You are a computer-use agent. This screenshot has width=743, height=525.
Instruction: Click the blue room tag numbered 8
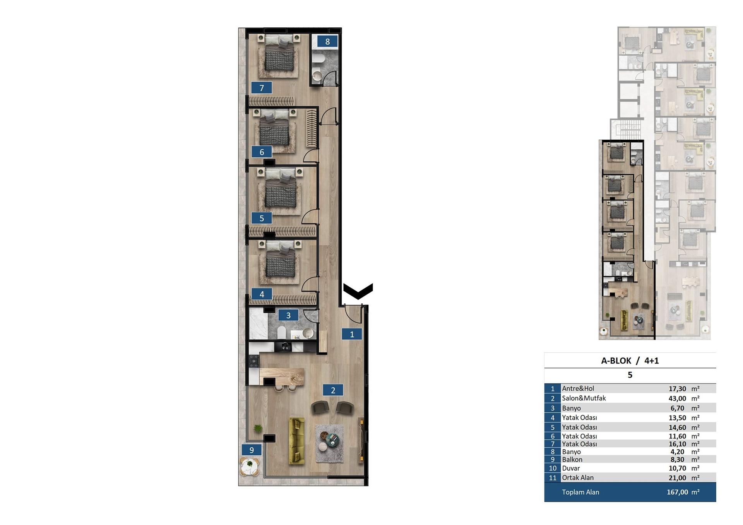[327, 41]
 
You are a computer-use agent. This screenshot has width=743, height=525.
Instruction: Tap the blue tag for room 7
[262, 88]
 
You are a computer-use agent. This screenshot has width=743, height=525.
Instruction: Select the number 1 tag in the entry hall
[352, 334]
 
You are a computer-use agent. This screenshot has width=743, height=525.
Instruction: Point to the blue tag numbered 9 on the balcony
[252, 450]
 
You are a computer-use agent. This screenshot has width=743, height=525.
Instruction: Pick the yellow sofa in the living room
[297, 441]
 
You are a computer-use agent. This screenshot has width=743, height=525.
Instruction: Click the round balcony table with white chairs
[250, 466]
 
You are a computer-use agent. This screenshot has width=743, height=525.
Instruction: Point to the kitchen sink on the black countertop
[286, 347]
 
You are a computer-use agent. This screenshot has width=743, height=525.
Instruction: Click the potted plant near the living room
[258, 428]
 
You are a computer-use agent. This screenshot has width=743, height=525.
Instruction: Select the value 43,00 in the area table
[677, 398]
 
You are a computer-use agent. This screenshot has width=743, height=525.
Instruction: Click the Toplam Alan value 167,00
[677, 492]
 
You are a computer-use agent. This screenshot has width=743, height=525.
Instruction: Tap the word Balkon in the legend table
[572, 460]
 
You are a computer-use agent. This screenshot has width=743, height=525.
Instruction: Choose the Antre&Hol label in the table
[578, 388]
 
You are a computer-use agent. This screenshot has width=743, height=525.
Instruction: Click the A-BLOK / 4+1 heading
[630, 361]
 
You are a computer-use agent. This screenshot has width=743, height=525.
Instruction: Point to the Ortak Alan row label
[578, 478]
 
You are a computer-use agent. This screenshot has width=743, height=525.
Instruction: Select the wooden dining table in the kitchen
[282, 376]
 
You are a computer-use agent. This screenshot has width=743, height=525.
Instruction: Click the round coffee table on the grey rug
[332, 440]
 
